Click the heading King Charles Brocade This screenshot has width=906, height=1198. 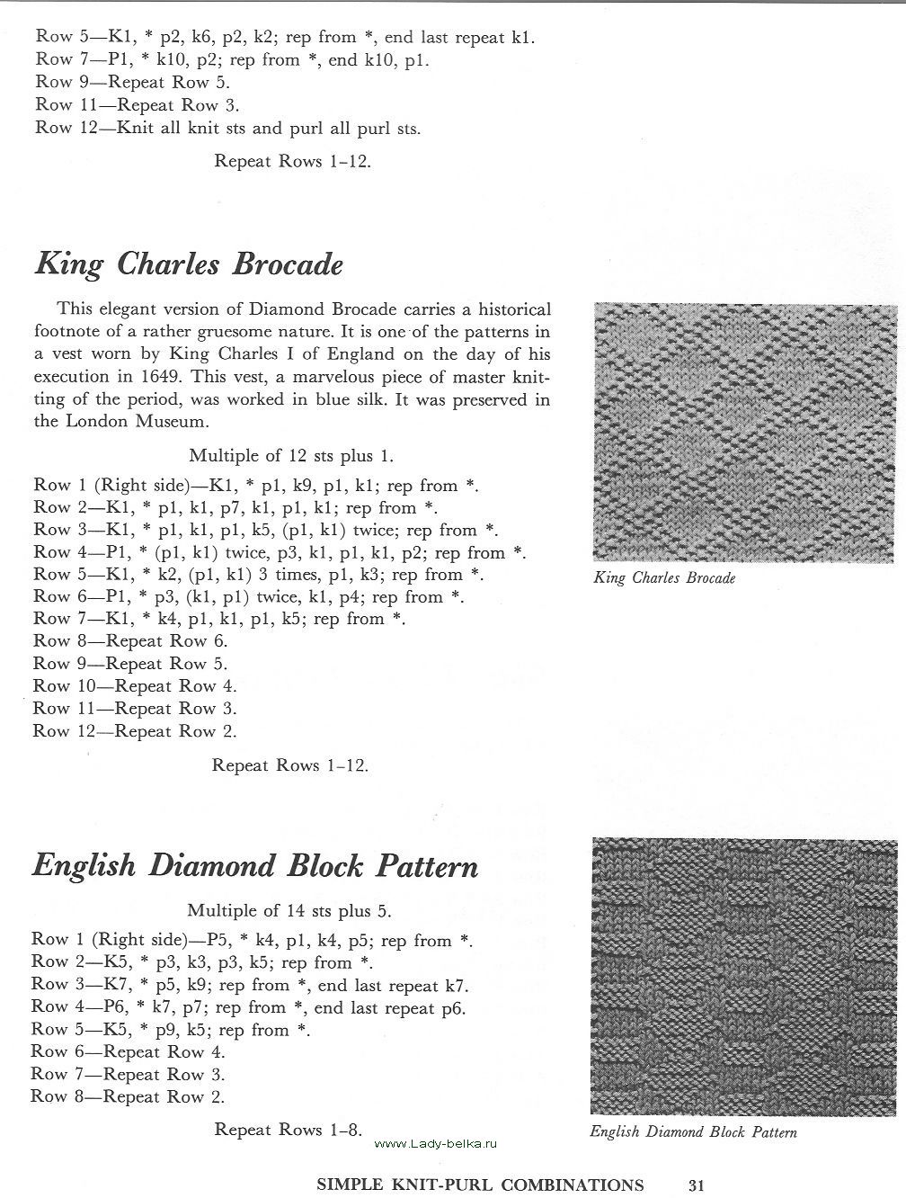[x=189, y=265]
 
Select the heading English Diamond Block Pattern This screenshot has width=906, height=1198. [x=255, y=866]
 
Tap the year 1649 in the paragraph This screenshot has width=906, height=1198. [x=200, y=377]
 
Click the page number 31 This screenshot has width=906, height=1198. [x=697, y=1185]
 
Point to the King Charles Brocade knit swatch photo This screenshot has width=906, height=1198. [x=745, y=433]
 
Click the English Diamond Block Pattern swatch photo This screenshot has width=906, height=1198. [x=744, y=977]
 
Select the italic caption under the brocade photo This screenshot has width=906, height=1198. [x=664, y=578]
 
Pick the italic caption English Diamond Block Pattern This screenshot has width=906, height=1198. [x=693, y=1132]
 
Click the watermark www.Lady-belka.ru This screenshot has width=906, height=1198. [x=435, y=1143]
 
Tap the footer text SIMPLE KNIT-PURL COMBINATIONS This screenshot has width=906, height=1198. [x=480, y=1185]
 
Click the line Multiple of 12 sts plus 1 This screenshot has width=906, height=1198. [x=291, y=456]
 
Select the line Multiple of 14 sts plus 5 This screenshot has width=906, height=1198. [x=289, y=911]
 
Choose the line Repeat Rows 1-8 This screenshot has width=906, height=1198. [x=288, y=1130]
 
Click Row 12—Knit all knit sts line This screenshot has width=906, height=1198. [x=227, y=128]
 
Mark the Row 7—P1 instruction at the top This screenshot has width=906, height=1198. [x=232, y=60]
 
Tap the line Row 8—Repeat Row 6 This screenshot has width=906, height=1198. [x=130, y=641]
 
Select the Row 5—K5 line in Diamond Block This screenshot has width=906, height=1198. [x=171, y=1030]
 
